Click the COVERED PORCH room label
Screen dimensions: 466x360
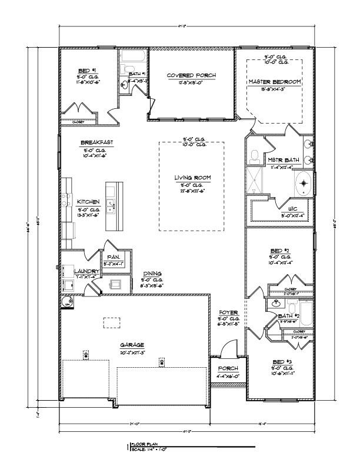[x=191, y=75]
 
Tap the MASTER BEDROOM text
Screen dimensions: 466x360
[x=274, y=81]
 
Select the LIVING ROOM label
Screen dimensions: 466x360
[x=192, y=178]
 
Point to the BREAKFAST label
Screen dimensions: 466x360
[x=97, y=143]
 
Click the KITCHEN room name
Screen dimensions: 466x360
[x=89, y=201]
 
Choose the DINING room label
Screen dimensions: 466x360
[x=153, y=274]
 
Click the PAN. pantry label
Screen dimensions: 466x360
[x=114, y=257]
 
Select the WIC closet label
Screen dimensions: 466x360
[x=292, y=208]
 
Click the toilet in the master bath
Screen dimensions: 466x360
[x=254, y=157]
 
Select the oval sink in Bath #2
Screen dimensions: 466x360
[x=276, y=304]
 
